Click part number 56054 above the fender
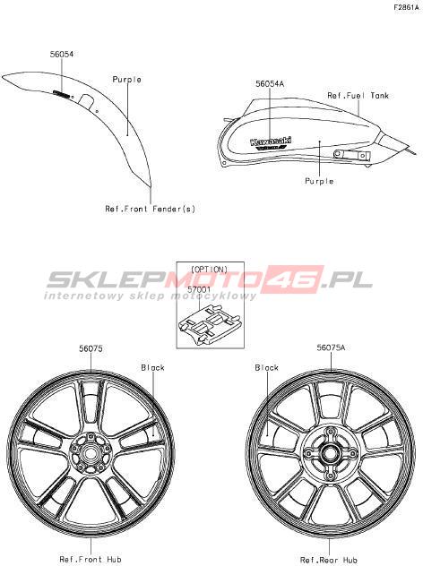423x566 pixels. pos(62,54)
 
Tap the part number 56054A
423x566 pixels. pos(270,84)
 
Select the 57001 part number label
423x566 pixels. pos(199,289)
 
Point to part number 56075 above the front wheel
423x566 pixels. pos(91,348)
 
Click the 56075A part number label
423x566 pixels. pos(331,347)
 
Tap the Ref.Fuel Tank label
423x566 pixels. pos(358,96)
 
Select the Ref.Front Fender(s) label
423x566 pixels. pos(150,209)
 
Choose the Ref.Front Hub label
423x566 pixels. pos(91,560)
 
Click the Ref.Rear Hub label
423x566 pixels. pos(329,561)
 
